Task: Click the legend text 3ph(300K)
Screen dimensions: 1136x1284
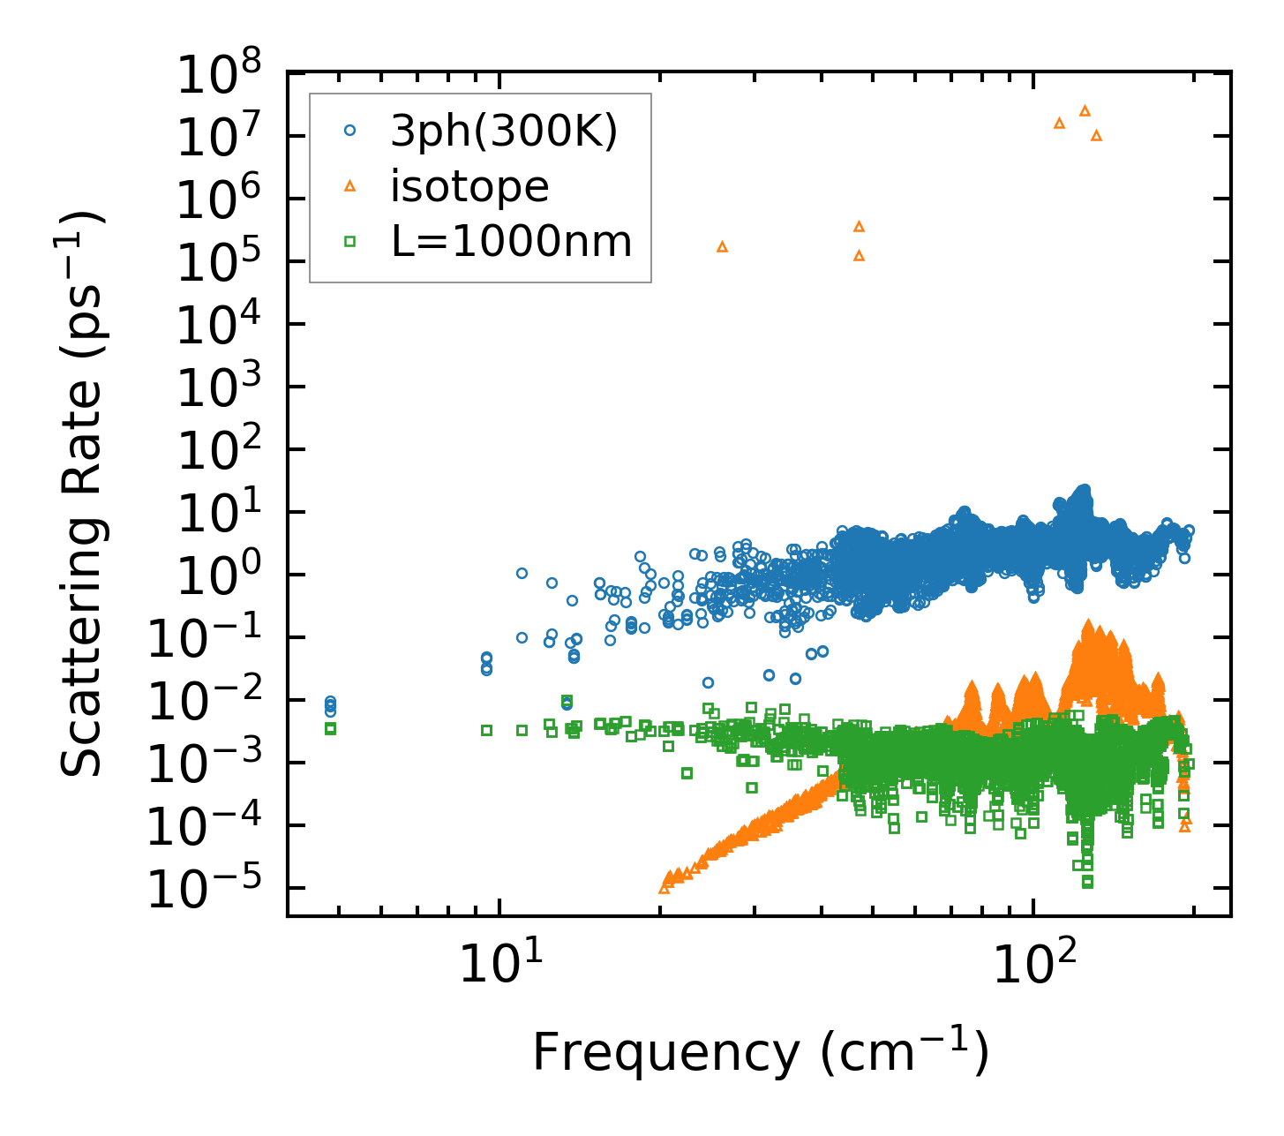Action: pyautogui.click(x=504, y=132)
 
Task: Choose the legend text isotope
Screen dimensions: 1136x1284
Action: pyautogui.click(x=469, y=186)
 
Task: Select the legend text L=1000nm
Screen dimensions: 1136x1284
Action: pyautogui.click(x=512, y=240)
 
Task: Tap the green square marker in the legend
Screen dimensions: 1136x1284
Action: pyautogui.click(x=350, y=240)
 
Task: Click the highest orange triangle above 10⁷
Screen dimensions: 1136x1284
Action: pyautogui.click(x=1085, y=110)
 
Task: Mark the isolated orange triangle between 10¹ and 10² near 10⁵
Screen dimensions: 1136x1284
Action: pyautogui.click(x=722, y=246)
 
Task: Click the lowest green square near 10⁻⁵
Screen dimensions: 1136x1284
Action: pyautogui.click(x=1087, y=881)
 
